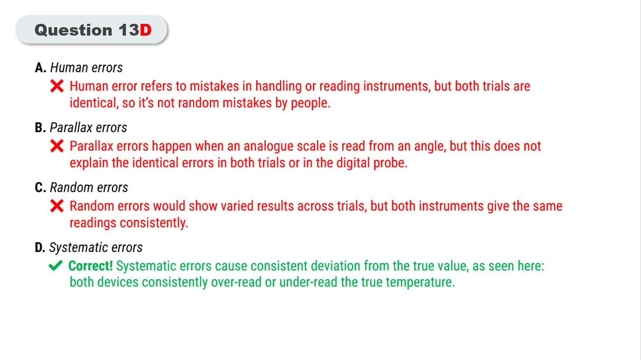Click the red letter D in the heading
pyautogui.click(x=146, y=30)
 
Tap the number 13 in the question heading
pyautogui.click(x=129, y=30)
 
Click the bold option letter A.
pyautogui.click(x=40, y=68)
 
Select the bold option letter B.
pyautogui.click(x=40, y=128)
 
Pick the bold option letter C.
pyautogui.click(x=40, y=188)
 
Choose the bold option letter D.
pyautogui.click(x=40, y=247)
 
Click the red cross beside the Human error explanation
pyautogui.click(x=57, y=86)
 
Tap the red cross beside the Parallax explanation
pyautogui.click(x=57, y=146)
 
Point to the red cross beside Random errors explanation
pyautogui.click(x=57, y=206)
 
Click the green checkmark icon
pyautogui.click(x=56, y=265)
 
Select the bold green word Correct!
pyautogui.click(x=90, y=266)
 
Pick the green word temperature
pyautogui.click(x=420, y=283)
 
